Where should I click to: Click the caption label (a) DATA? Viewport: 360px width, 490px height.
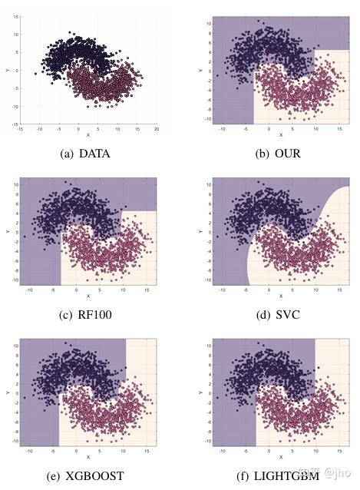click(84, 153)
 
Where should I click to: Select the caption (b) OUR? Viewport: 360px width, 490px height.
click(277, 153)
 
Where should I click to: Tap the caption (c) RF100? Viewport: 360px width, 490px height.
click(84, 313)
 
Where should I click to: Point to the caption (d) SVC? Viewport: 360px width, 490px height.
click(277, 313)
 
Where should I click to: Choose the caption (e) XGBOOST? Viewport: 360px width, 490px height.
click(84, 474)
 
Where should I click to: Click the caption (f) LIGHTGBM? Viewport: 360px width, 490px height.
click(277, 474)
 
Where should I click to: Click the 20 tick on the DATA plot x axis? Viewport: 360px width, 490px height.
click(157, 131)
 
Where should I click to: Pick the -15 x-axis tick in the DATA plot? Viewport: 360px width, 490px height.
click(20, 131)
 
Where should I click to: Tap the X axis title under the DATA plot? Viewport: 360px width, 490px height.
click(88, 136)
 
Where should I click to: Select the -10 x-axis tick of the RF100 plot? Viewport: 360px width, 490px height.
click(30, 290)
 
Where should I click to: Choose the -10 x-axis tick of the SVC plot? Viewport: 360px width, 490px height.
click(223, 290)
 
